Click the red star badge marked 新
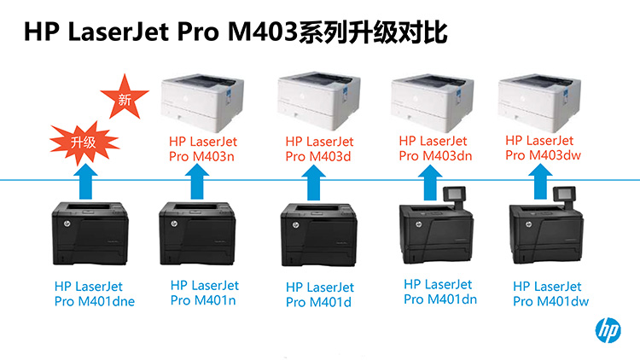click(x=125, y=97)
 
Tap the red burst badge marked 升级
click(x=84, y=142)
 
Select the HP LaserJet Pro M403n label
click(x=203, y=149)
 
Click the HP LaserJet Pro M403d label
click(x=319, y=149)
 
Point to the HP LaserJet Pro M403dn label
click(x=435, y=148)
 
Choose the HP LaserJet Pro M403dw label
click(x=543, y=148)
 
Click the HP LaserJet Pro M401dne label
click(x=94, y=293)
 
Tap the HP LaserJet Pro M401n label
click(x=205, y=293)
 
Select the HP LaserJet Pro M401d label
click(x=320, y=294)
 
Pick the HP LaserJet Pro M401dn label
click(x=440, y=292)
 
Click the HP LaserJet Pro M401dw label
click(x=550, y=293)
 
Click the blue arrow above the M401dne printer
click(x=85, y=182)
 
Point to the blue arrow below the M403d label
click(x=313, y=183)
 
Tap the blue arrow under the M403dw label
click(x=540, y=182)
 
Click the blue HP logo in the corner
click(x=608, y=330)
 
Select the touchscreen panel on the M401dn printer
click(x=454, y=195)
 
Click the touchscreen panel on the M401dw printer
click(x=564, y=195)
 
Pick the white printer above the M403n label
click(x=202, y=102)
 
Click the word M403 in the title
click(x=263, y=32)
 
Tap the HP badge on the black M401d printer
click(x=295, y=225)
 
